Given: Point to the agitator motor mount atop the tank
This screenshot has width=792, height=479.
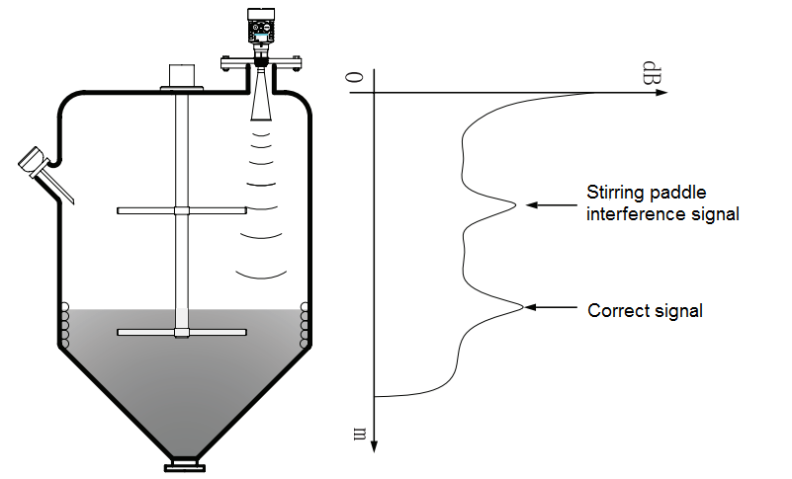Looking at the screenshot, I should tap(181, 78).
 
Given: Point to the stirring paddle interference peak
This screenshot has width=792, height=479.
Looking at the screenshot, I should tap(513, 204).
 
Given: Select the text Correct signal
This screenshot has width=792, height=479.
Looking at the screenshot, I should tap(645, 310).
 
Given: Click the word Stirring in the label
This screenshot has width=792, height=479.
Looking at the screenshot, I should tap(614, 193).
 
